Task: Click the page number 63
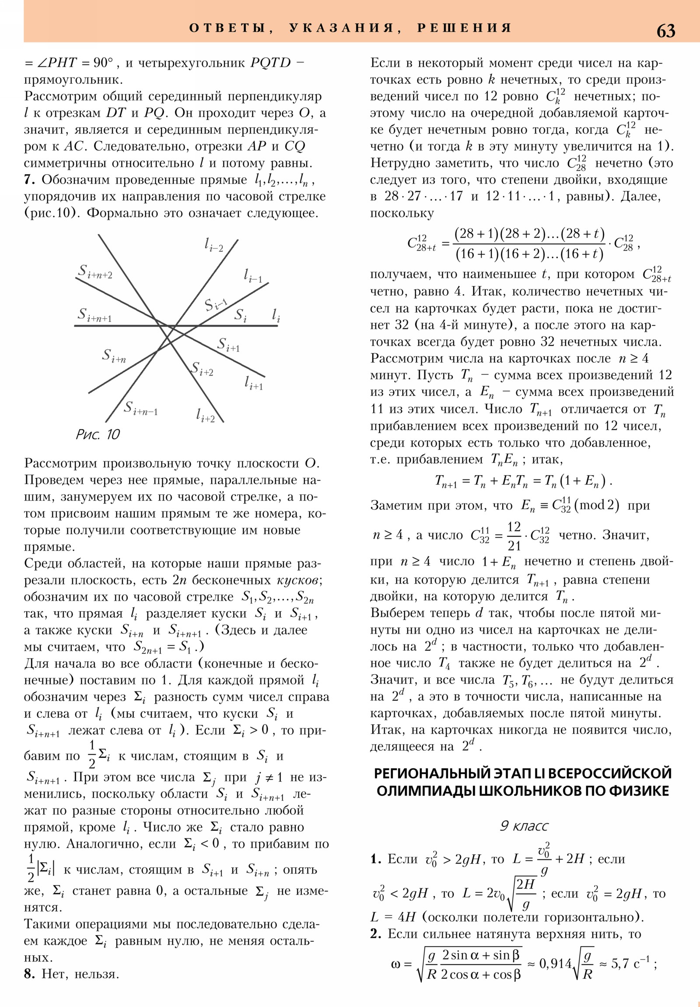click(x=665, y=31)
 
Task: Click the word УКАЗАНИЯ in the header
click(x=341, y=28)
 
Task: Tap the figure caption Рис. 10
click(x=98, y=434)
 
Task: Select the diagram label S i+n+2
click(x=95, y=272)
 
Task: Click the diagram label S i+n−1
click(x=140, y=408)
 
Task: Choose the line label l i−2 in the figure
click(x=214, y=245)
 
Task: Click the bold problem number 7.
click(x=29, y=180)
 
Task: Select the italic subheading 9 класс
click(x=524, y=826)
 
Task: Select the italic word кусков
click(x=299, y=580)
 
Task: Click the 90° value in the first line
click(x=103, y=63)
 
